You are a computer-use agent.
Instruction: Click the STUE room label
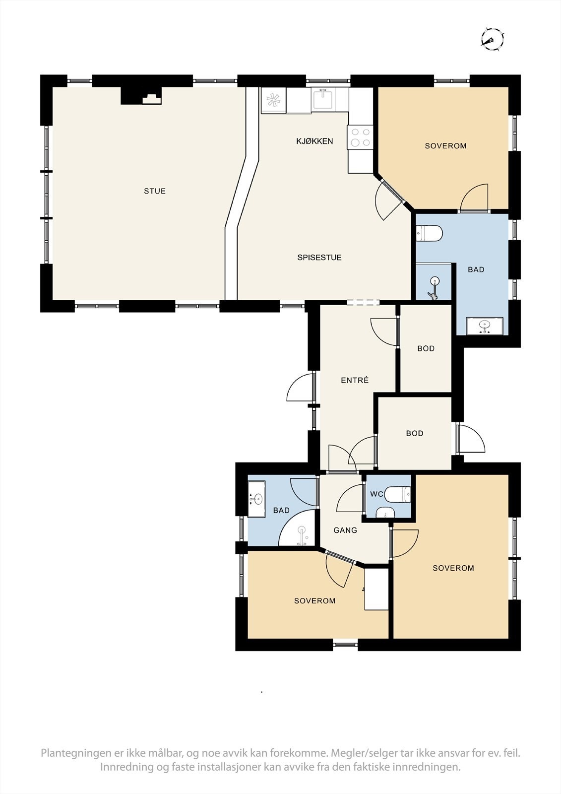[x=155, y=191]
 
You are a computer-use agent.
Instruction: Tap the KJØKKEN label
[x=314, y=141]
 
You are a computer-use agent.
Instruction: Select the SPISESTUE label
[x=319, y=258]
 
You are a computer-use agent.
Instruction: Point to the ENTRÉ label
[x=355, y=380]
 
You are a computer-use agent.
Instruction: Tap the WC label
[x=376, y=494]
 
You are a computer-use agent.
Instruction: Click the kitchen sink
[x=323, y=99]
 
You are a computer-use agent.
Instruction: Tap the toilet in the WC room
[x=397, y=494]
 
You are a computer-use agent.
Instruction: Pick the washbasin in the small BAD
[x=256, y=499]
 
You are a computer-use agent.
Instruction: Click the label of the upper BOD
[x=426, y=348]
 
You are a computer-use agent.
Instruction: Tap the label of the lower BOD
[x=414, y=433]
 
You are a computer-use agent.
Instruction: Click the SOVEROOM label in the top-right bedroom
[x=445, y=146]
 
